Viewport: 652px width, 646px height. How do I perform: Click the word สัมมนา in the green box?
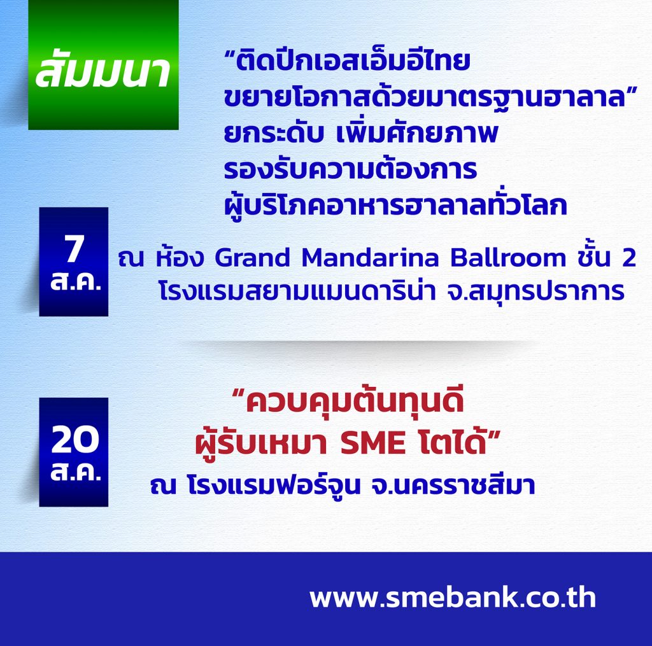pyautogui.click(x=103, y=71)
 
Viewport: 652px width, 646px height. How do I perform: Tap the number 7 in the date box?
pyautogui.click(x=74, y=249)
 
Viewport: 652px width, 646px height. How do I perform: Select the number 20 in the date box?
pyautogui.click(x=75, y=440)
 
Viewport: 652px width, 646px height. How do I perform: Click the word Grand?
pyautogui.click(x=252, y=258)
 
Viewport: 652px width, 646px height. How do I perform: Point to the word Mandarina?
pyautogui.click(x=370, y=258)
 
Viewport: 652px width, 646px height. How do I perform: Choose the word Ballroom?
pyautogui.click(x=508, y=258)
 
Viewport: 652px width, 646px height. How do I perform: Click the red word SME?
pyautogui.click(x=372, y=443)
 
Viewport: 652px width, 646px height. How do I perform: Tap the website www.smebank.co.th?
pyautogui.click(x=453, y=598)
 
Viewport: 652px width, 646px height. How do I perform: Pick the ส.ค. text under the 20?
pyautogui.click(x=75, y=472)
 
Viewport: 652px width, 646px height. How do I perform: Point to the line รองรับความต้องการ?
pyautogui.click(x=350, y=169)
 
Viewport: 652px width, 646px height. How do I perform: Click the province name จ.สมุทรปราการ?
pyautogui.click(x=535, y=291)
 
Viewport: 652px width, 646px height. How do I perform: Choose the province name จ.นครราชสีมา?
pyautogui.click(x=453, y=485)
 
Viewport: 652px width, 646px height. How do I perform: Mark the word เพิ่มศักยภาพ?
pyautogui.click(x=416, y=133)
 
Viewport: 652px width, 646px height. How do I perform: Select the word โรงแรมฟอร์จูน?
pyautogui.click(x=274, y=485)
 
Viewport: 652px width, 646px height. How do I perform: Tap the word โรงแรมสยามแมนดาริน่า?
pyautogui.click(x=297, y=291)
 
